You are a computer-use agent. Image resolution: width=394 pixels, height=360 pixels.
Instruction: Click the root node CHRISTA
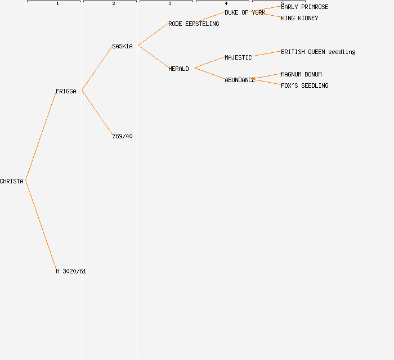click(12, 181)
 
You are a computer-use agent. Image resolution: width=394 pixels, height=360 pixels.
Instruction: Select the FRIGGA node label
click(66, 91)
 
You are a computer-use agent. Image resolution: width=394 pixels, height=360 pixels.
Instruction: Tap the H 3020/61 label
click(71, 271)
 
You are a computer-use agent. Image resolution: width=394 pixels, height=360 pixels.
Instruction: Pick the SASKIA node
click(122, 46)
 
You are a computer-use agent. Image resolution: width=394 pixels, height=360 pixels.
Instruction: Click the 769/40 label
click(122, 136)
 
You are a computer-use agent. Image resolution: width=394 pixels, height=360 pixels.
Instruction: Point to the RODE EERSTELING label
click(194, 24)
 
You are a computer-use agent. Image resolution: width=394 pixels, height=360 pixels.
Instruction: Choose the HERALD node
click(178, 69)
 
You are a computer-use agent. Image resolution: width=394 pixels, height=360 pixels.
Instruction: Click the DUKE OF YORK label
click(245, 12)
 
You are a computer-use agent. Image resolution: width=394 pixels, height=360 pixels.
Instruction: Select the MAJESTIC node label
click(238, 57)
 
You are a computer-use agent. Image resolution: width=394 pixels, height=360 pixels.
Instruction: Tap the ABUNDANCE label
click(240, 80)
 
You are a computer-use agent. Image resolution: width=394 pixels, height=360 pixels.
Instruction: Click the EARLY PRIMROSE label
click(305, 7)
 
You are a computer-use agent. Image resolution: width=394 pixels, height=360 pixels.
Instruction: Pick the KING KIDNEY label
click(299, 18)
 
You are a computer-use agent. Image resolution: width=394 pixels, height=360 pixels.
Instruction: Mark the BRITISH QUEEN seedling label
click(318, 52)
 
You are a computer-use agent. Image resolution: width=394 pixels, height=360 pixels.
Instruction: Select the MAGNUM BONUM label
click(301, 74)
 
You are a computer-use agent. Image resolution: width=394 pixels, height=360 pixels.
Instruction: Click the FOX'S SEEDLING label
click(305, 85)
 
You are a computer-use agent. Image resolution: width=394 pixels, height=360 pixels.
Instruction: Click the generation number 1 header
click(57, 4)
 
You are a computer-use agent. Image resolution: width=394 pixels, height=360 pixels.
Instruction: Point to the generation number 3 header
click(170, 4)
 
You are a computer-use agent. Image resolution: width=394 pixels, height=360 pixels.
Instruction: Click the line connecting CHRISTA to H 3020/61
click(41, 225)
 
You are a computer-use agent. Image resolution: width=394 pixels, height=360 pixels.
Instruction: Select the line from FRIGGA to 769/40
click(97, 112)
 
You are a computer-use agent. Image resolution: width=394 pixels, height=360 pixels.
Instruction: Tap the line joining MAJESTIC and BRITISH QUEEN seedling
click(266, 54)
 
